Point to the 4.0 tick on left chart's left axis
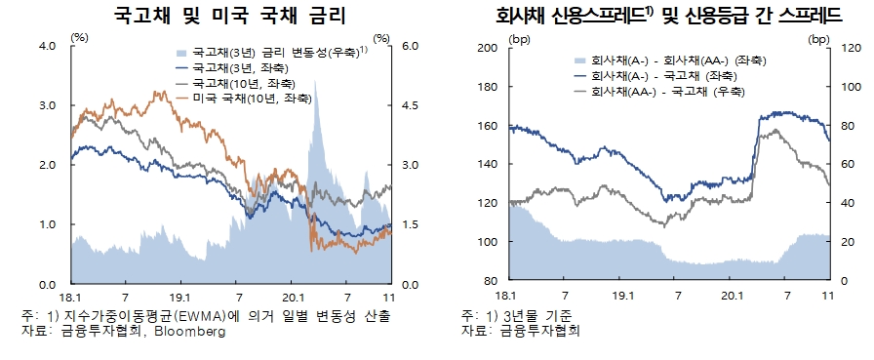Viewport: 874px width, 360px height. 45,47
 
